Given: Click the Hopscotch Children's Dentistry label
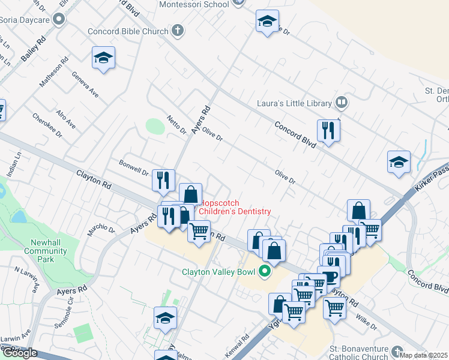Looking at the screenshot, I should (234, 207).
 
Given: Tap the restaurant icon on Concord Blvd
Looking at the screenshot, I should (328, 130).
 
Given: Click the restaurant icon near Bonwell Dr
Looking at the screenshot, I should (163, 180).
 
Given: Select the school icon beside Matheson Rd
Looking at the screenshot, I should (103, 58).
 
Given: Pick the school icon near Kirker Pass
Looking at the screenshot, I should (399, 161).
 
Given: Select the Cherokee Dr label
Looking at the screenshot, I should (47, 125).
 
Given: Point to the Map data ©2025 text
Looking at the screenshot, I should (423, 355).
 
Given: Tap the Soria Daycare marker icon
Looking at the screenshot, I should (59, 20).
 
